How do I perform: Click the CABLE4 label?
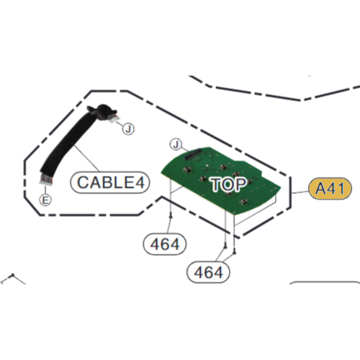(x=110, y=182)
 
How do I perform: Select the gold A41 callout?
(x=330, y=188)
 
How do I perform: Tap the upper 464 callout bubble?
(x=164, y=244)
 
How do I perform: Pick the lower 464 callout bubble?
(x=208, y=272)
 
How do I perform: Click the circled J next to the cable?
(x=129, y=129)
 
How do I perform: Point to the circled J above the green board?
(x=176, y=144)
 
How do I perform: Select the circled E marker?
(x=45, y=200)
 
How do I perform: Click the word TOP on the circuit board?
(x=229, y=184)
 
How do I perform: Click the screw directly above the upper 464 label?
(x=171, y=218)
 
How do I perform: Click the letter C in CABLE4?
(x=83, y=182)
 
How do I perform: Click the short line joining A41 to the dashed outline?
(x=300, y=191)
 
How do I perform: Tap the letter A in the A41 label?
(x=320, y=189)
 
